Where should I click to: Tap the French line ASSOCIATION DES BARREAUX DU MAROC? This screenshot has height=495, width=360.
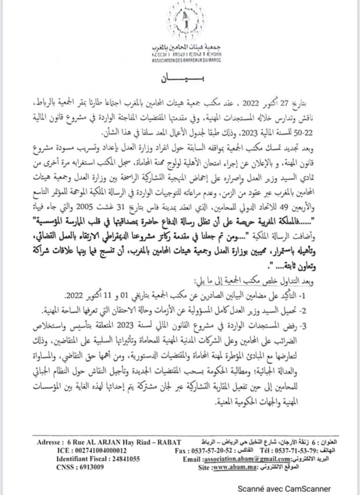pyautogui.click(x=187, y=60)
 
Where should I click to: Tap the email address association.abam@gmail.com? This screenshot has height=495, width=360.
pyautogui.click(x=236, y=459)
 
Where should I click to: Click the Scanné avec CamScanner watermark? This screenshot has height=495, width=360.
pyautogui.click(x=284, y=488)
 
